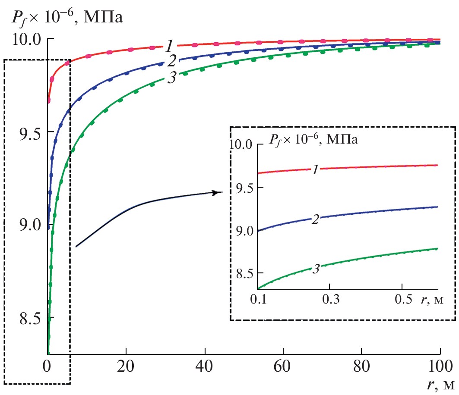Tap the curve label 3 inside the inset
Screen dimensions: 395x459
point(315,269)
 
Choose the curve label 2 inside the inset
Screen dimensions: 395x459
point(315,219)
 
